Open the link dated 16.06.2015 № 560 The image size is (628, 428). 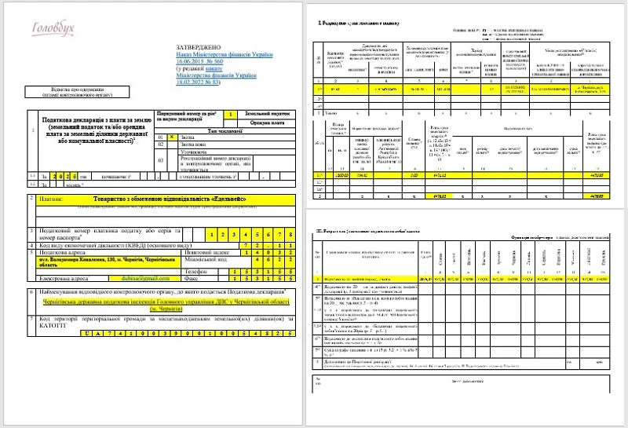[x=199, y=61]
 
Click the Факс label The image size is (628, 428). [x=210, y=278]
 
